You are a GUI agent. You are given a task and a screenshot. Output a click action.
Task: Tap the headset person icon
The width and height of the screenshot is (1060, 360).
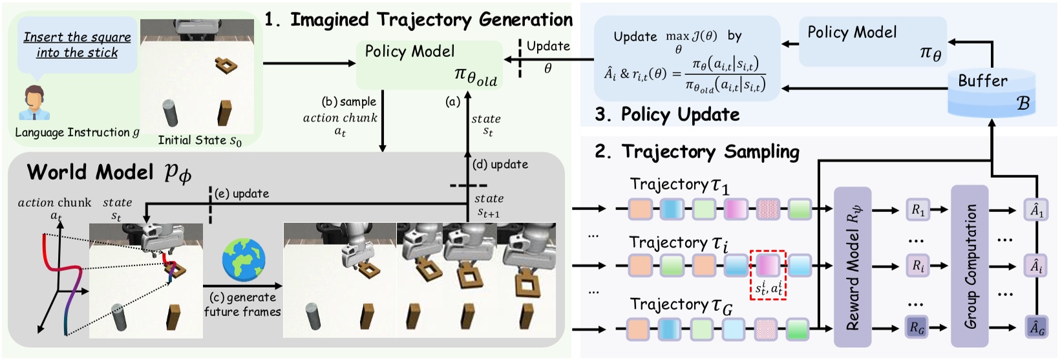[34, 103]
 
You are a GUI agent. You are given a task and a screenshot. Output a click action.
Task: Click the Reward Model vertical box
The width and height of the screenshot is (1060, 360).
[853, 267]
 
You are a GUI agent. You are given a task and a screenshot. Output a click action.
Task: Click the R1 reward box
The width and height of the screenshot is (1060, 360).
[918, 209]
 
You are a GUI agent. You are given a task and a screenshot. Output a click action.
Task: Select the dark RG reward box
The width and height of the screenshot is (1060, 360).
[917, 328]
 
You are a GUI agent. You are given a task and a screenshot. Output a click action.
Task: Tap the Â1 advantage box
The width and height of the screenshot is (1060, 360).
[1036, 209]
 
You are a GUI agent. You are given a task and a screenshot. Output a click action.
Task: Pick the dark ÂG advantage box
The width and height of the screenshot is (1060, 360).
[1036, 328]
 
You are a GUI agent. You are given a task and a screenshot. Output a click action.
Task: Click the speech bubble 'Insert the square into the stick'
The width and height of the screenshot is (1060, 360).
[78, 45]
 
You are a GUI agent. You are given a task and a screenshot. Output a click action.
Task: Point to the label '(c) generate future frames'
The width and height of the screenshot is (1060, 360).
[242, 304]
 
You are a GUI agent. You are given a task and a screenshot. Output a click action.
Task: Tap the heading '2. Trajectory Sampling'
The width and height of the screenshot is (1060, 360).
[697, 152]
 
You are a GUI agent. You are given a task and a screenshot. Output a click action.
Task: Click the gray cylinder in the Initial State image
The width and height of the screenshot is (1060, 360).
[171, 113]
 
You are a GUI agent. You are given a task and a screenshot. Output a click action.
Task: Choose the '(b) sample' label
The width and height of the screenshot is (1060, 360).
[348, 101]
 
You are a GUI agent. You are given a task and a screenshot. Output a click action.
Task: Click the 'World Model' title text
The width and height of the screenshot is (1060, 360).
[90, 172]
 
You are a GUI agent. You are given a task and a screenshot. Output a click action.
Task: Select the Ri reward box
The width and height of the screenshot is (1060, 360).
[918, 266]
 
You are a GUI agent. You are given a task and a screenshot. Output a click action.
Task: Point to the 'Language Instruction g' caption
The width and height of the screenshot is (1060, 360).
[77, 132]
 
